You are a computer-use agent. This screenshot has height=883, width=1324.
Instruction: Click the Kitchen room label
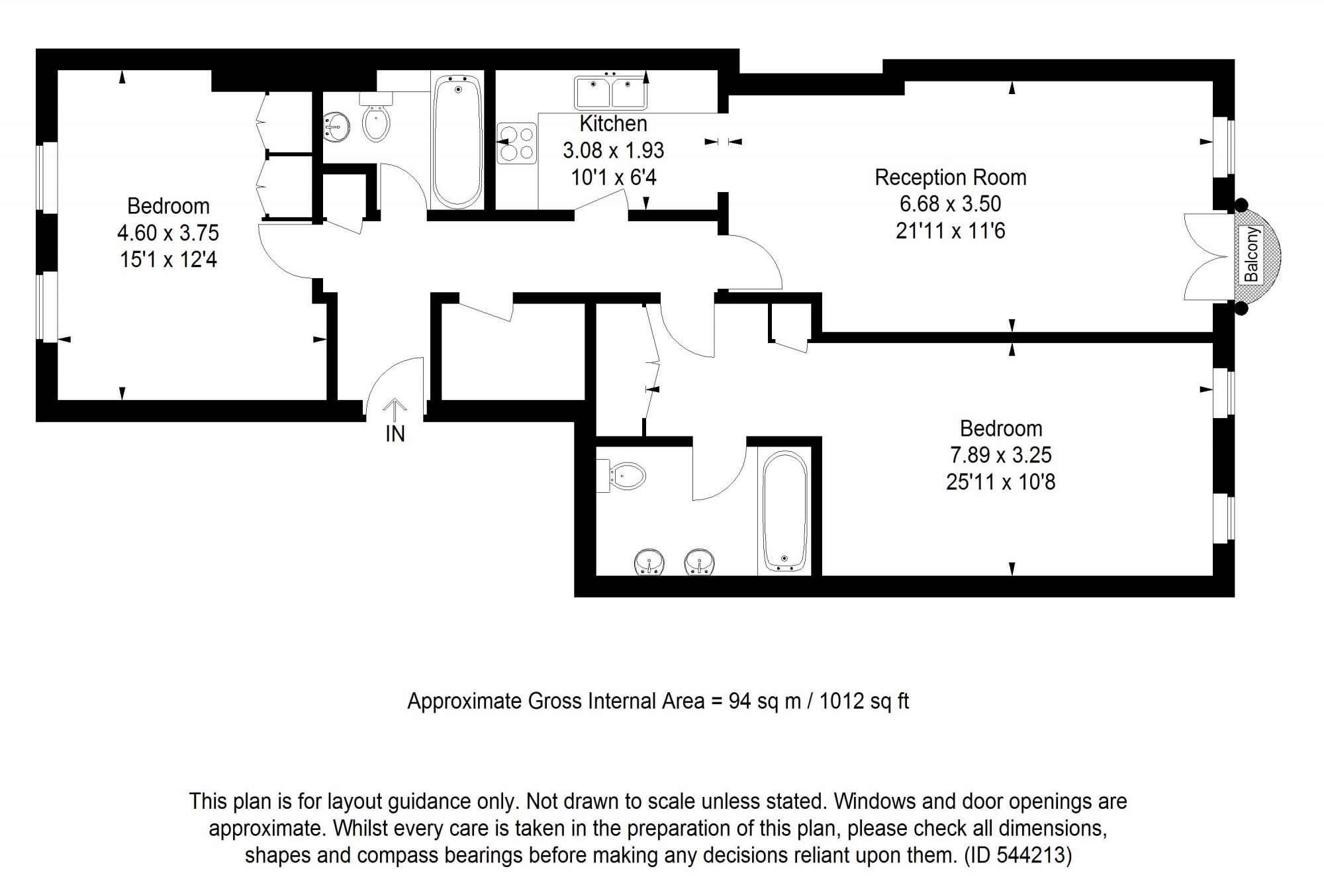[x=613, y=124]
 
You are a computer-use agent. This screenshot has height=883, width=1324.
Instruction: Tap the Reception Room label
[x=950, y=178]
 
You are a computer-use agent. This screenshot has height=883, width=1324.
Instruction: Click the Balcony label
[x=1251, y=255]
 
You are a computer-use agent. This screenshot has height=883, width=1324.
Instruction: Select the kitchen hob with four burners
[x=517, y=144]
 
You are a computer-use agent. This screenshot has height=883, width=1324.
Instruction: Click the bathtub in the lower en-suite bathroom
[x=784, y=510]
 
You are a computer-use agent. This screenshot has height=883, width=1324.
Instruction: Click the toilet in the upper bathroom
[x=376, y=123]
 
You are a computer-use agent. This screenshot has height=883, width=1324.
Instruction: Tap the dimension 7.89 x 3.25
[x=1000, y=455]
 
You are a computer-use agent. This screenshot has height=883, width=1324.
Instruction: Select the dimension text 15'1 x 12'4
[x=168, y=260]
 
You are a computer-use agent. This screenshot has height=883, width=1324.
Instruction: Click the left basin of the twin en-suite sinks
[x=649, y=562]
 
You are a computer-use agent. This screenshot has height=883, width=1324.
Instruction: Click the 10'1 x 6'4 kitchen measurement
[x=613, y=178]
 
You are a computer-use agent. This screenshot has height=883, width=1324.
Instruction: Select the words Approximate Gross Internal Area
[x=555, y=701]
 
